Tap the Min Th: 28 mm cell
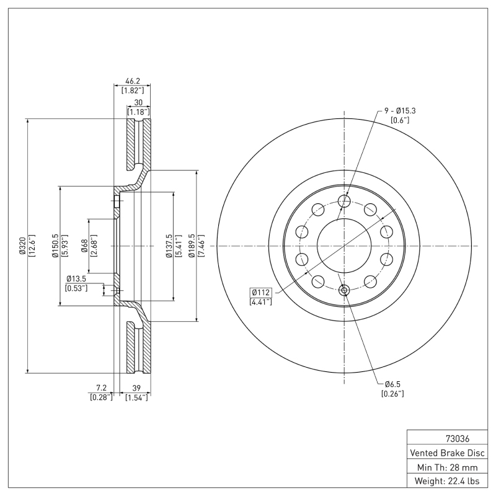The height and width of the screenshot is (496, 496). [x=447, y=466]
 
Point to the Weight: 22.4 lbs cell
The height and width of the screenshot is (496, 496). [x=447, y=481]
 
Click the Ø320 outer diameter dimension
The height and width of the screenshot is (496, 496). [x=20, y=246]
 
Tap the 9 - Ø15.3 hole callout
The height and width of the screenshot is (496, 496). [x=400, y=110]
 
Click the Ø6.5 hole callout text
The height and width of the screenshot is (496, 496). [x=392, y=384]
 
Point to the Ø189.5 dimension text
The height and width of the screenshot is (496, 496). [x=192, y=246]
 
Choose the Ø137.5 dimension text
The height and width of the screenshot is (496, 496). [x=169, y=246]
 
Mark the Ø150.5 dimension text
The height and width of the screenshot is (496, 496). [x=55, y=246]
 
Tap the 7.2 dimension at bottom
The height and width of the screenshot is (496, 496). [x=101, y=388]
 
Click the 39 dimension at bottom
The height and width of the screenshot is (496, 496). [x=136, y=388]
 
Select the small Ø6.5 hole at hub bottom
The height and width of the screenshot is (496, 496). [x=344, y=289]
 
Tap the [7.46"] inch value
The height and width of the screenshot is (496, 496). [x=200, y=246]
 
